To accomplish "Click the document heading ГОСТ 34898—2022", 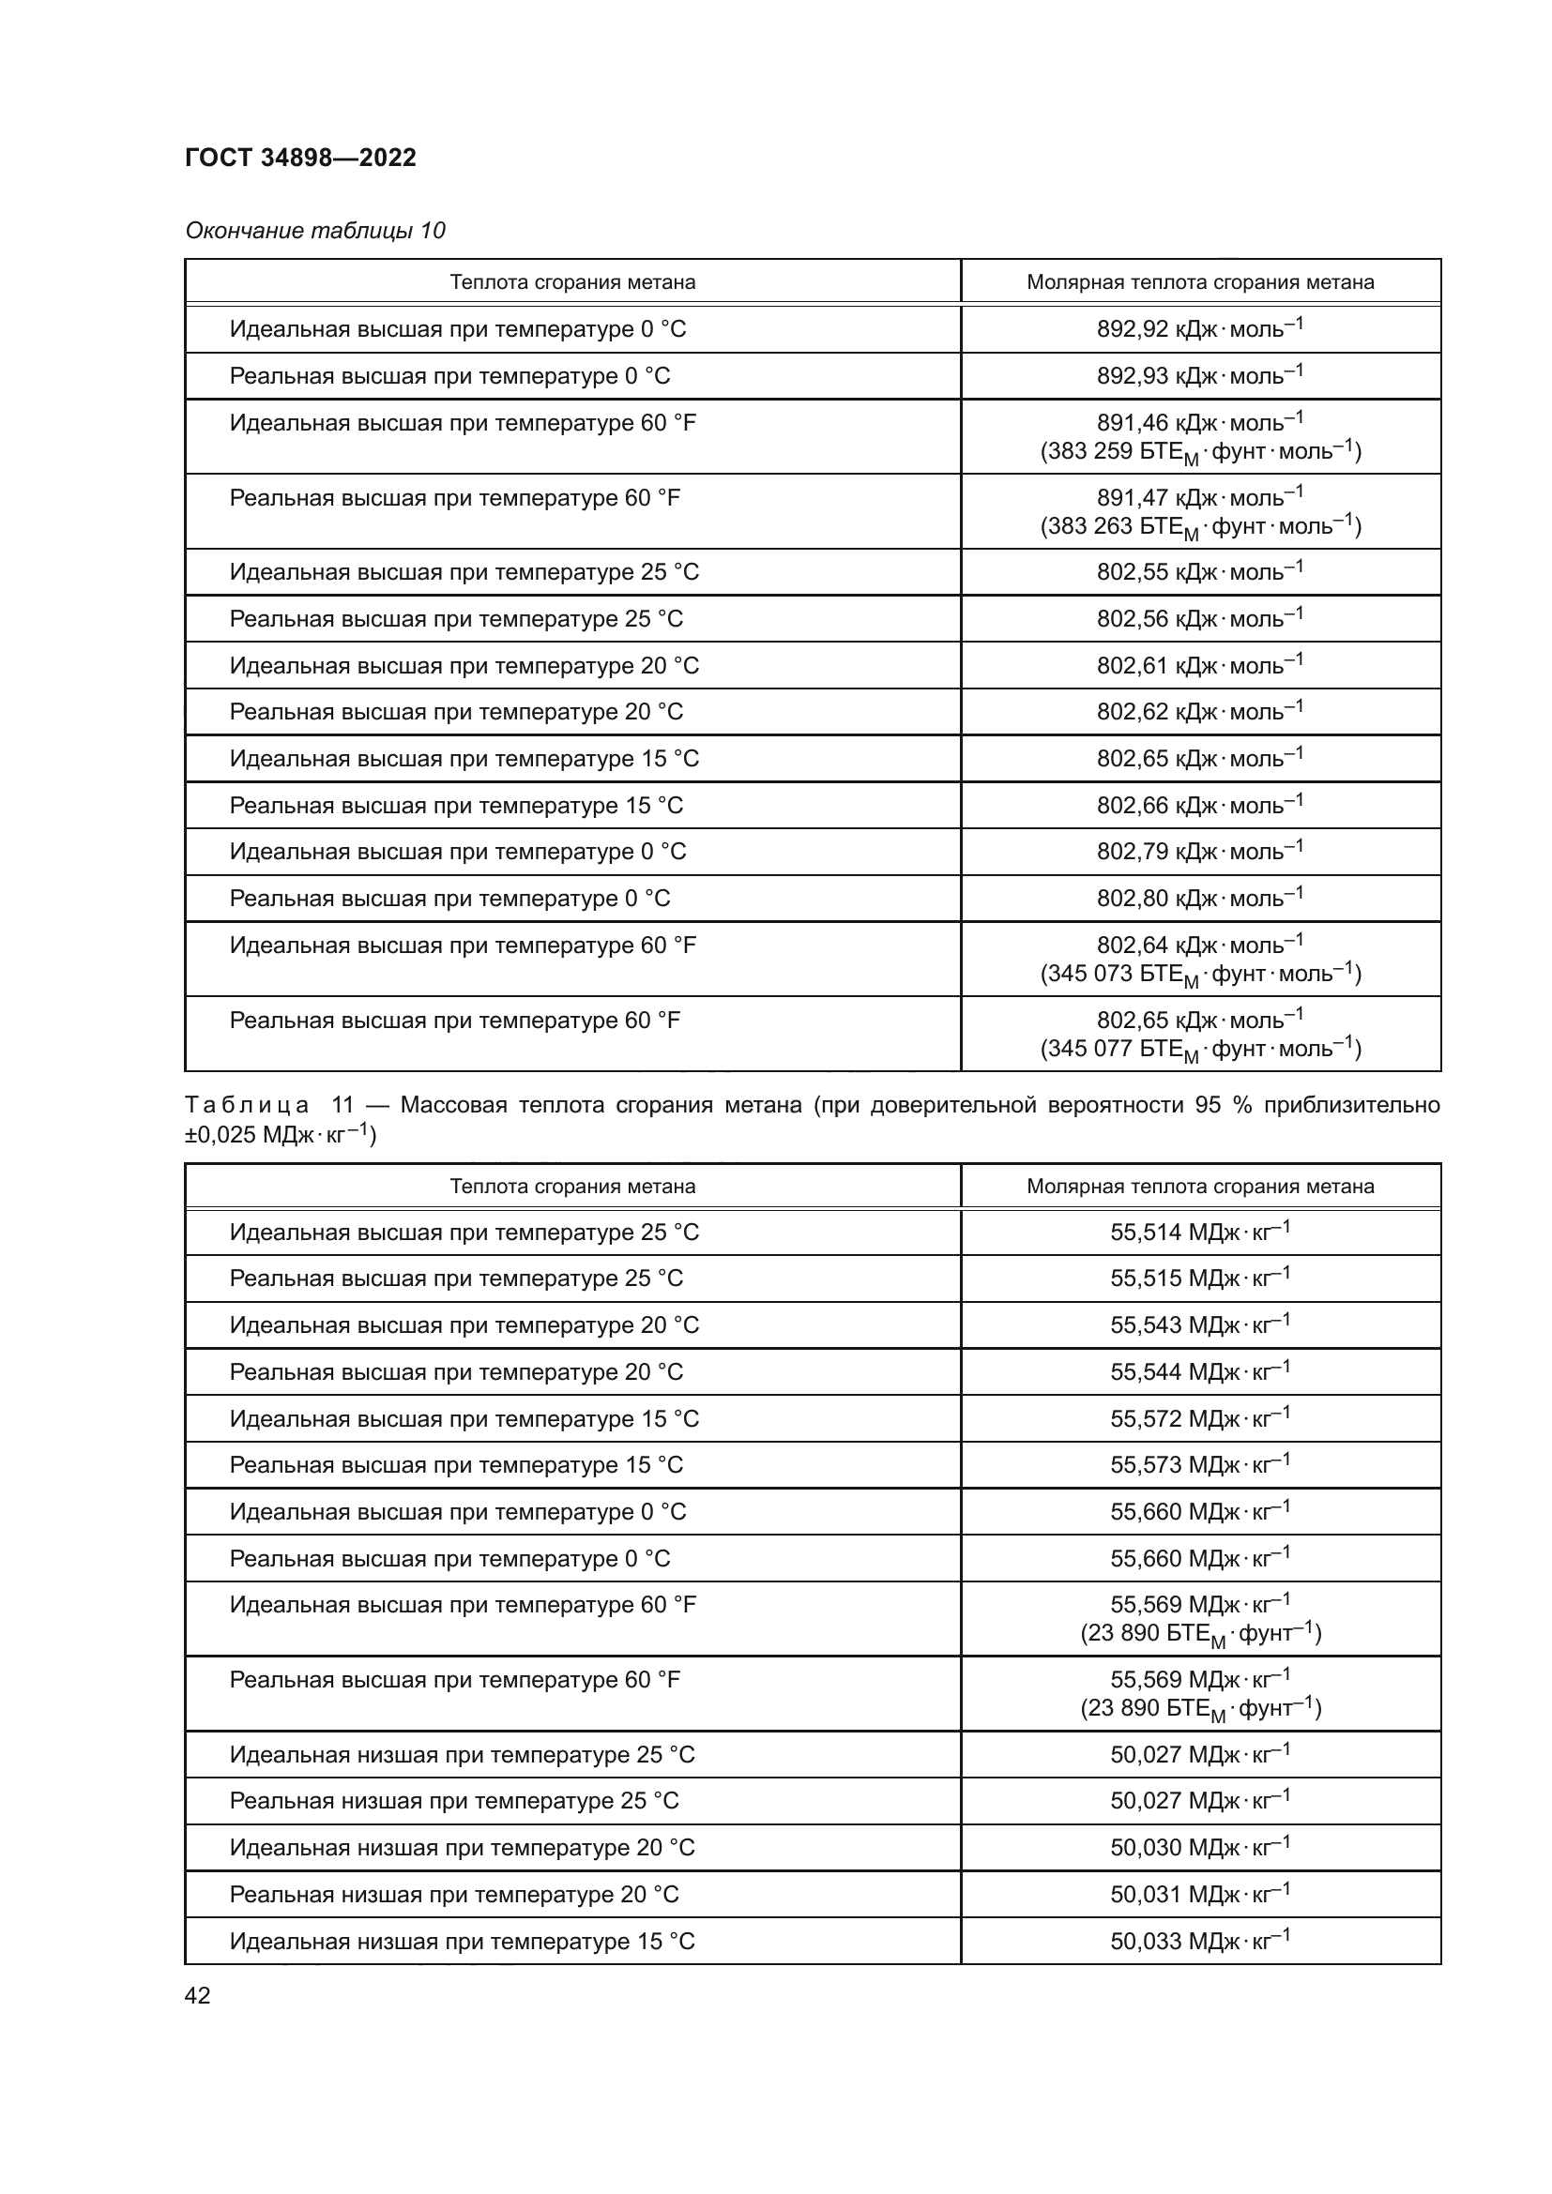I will coord(300,158).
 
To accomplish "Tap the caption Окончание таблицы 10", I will coord(314,231).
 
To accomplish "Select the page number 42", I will coord(197,1995).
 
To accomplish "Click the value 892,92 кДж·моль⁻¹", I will coord(1199,329).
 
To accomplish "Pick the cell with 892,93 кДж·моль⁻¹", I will coord(1199,376).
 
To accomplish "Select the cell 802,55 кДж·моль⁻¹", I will coord(1199,572).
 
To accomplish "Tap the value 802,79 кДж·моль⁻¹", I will coord(1199,852).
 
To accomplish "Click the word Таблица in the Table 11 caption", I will coord(247,1106).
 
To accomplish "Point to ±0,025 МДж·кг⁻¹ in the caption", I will coord(280,1136).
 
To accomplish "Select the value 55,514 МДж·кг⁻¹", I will coord(1199,1233).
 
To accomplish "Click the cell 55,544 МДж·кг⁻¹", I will coord(1199,1372).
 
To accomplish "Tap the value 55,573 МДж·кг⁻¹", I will coord(1199,1465).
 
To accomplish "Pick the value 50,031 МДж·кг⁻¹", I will coord(1199,1894).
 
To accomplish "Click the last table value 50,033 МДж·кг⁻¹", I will coord(1199,1941).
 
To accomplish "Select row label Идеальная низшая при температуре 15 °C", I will coord(462,1942).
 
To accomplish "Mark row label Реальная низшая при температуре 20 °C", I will coord(454,1895).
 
